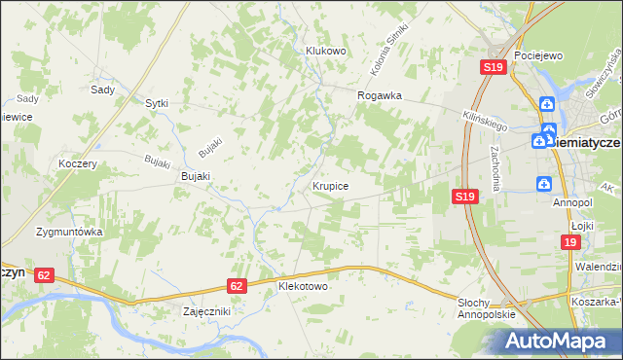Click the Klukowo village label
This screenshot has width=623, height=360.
click(x=326, y=50)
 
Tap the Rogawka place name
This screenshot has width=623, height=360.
click(x=380, y=96)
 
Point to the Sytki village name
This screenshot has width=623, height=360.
click(x=157, y=102)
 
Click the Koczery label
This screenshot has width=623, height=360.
click(x=77, y=164)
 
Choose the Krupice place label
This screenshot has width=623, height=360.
click(x=331, y=185)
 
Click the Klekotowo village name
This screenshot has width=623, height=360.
click(x=303, y=287)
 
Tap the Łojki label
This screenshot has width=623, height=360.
click(x=583, y=224)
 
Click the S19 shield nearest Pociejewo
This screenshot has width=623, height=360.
click(x=493, y=67)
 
